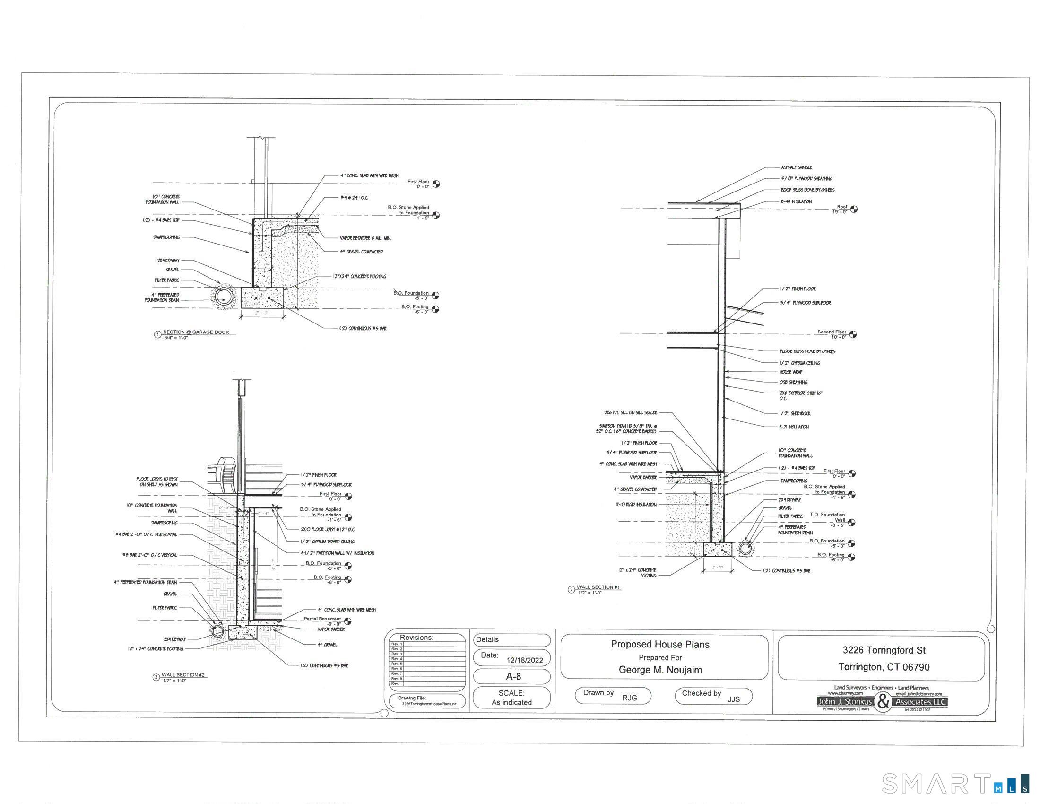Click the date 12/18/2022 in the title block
[x=524, y=660]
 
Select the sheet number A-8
[x=513, y=676]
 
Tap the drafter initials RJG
[x=629, y=698]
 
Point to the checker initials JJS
[x=733, y=699]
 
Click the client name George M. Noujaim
[x=660, y=670]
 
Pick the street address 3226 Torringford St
[x=884, y=650]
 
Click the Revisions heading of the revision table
[x=416, y=638]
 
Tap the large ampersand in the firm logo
[x=884, y=702]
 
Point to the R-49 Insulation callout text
[x=796, y=201]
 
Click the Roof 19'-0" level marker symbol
[x=854, y=209]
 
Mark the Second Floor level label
[x=832, y=332]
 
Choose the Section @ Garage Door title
[x=196, y=332]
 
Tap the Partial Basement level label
[x=322, y=619]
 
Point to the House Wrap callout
[x=791, y=372]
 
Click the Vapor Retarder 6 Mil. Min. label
[x=365, y=238]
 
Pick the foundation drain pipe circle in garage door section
[x=222, y=296]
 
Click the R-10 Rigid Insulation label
[x=636, y=505]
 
